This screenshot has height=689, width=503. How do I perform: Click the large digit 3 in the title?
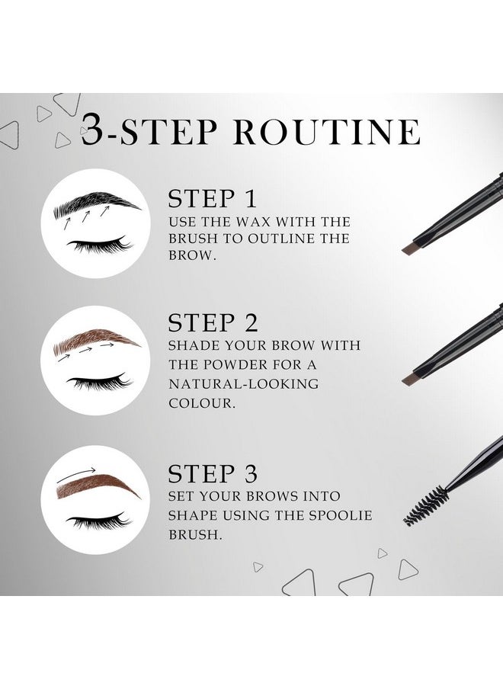(x=91, y=130)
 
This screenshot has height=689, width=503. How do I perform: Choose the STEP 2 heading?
(x=213, y=322)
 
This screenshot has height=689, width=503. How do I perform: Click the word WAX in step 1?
(x=252, y=222)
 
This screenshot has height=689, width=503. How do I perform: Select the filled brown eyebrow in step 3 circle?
(x=98, y=486)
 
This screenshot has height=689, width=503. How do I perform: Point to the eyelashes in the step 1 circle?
(x=99, y=245)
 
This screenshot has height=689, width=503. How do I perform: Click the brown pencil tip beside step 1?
(x=413, y=247)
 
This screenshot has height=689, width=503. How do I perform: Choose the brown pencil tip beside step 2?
(x=413, y=377)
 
